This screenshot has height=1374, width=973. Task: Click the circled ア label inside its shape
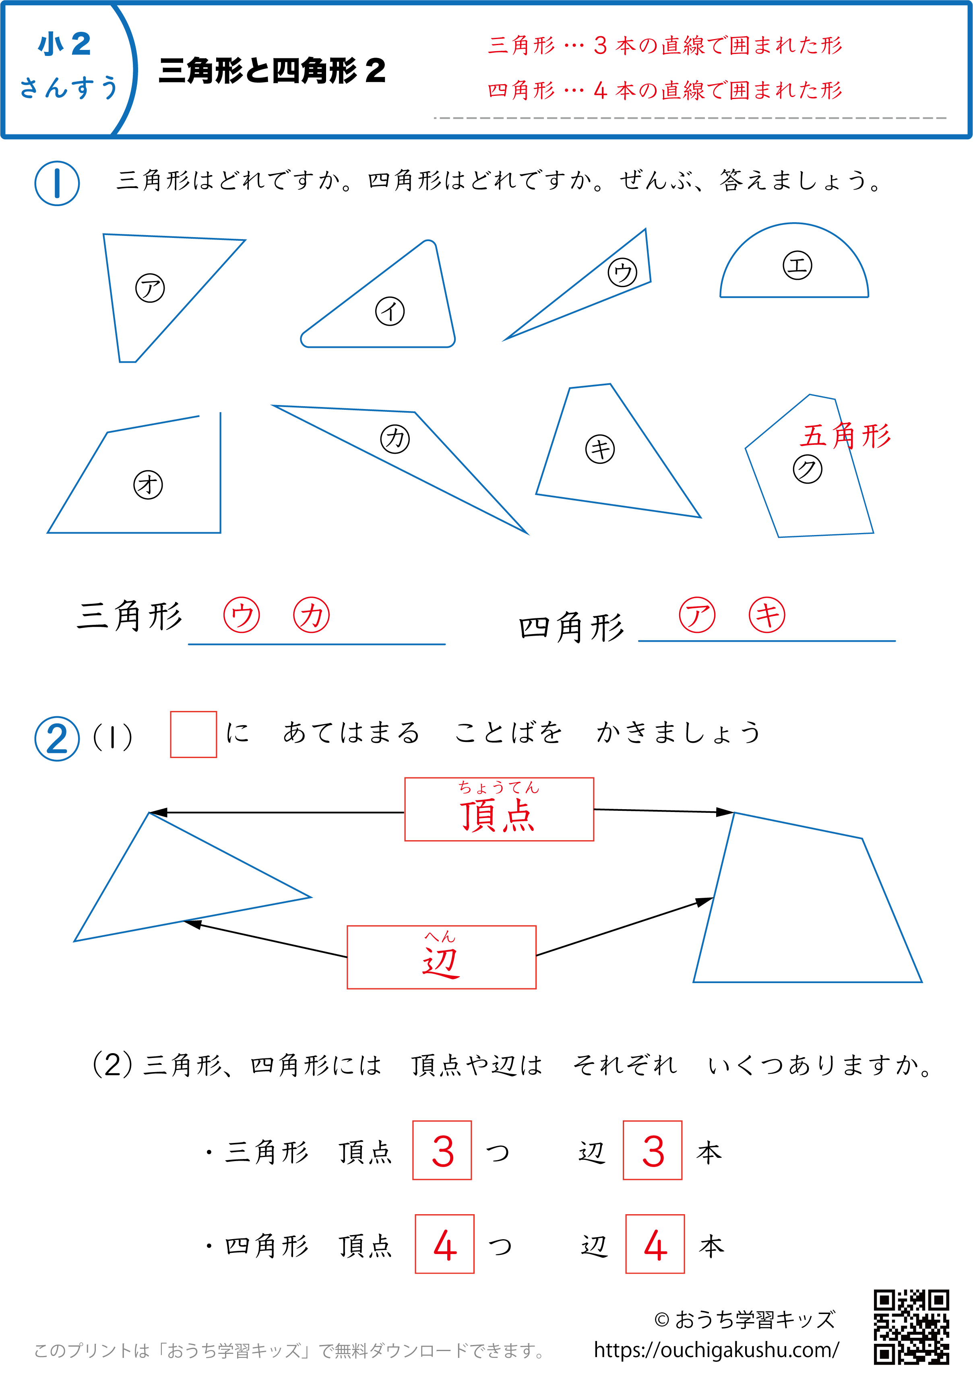pyautogui.click(x=150, y=288)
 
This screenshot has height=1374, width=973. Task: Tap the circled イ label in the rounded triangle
pyautogui.click(x=390, y=312)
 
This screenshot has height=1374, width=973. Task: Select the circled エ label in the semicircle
pyautogui.click(x=797, y=265)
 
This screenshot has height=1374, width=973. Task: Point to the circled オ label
pyautogui.click(x=148, y=485)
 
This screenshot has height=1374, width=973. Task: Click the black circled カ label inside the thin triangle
pyautogui.click(x=395, y=439)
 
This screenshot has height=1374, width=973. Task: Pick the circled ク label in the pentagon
pyautogui.click(x=808, y=469)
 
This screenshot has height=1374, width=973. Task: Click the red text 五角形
pyautogui.click(x=845, y=436)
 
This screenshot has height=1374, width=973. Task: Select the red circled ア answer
pyautogui.click(x=697, y=615)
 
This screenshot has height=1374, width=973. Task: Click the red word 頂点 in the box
pyautogui.click(x=497, y=815)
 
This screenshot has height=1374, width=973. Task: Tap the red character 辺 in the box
pyautogui.click(x=441, y=962)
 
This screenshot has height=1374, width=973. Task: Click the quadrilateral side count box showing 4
pyautogui.click(x=655, y=1244)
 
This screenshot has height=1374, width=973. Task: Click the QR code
pyautogui.click(x=911, y=1326)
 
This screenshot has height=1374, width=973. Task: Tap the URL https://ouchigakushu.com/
pyautogui.click(x=717, y=1350)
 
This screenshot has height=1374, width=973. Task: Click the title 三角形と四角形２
pyautogui.click(x=273, y=71)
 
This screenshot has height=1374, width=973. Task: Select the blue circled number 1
pyautogui.click(x=57, y=183)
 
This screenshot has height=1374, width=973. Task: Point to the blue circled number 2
pyautogui.click(x=57, y=739)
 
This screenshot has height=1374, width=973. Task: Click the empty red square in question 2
pyautogui.click(x=194, y=735)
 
